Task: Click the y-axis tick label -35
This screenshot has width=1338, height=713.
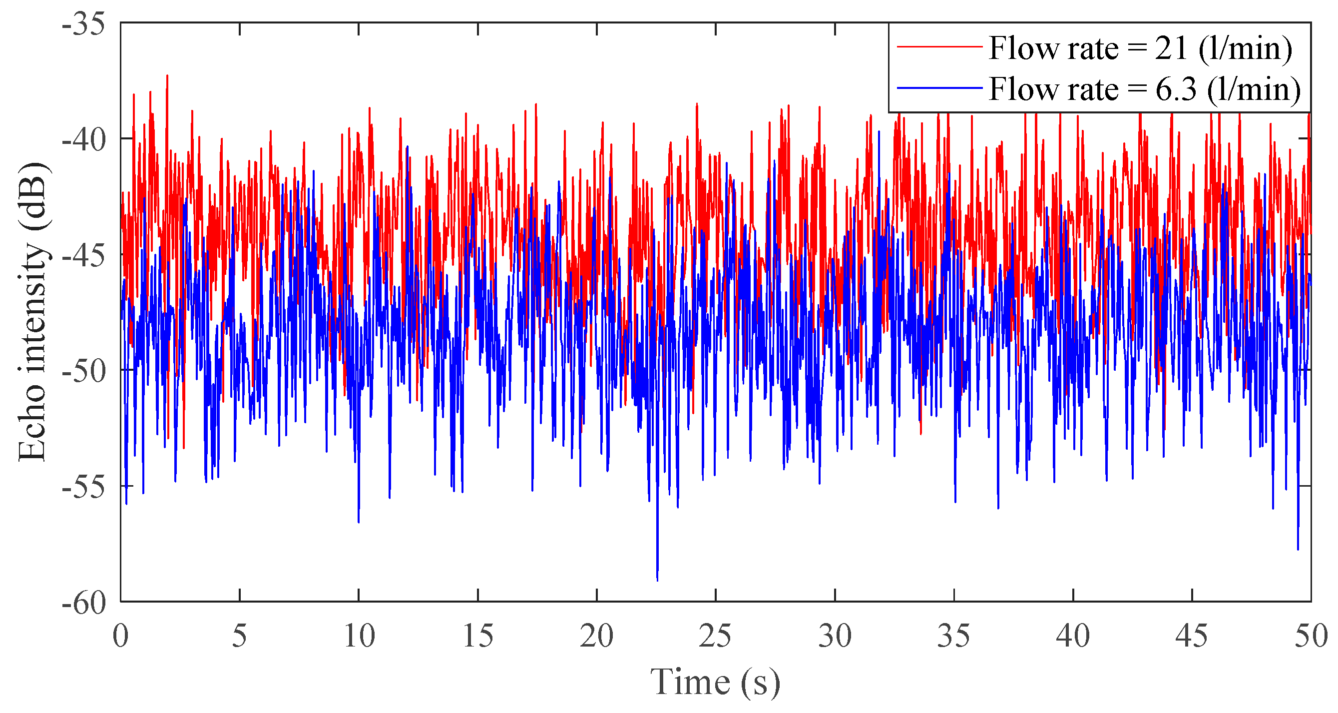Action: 83,25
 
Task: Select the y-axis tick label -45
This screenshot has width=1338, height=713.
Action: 83,256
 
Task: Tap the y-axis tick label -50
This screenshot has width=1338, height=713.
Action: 83,372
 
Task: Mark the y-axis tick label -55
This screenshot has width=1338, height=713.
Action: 83,488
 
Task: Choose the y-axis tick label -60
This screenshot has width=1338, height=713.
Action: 83,604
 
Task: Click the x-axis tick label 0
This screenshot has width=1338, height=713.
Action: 120,636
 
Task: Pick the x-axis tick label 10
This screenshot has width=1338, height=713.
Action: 359,636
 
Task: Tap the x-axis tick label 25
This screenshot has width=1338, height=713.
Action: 716,636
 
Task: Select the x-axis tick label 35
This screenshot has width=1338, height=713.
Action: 953,636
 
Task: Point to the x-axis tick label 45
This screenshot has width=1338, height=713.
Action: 1192,636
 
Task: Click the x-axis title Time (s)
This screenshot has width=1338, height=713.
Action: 715,683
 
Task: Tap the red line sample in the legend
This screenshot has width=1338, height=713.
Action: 939,47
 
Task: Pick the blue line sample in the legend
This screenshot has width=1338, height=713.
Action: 939,88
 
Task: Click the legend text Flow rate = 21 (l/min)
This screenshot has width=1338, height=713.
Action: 1140,48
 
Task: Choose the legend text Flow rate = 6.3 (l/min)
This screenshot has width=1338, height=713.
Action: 1144,89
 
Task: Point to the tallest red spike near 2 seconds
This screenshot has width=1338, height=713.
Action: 167,77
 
